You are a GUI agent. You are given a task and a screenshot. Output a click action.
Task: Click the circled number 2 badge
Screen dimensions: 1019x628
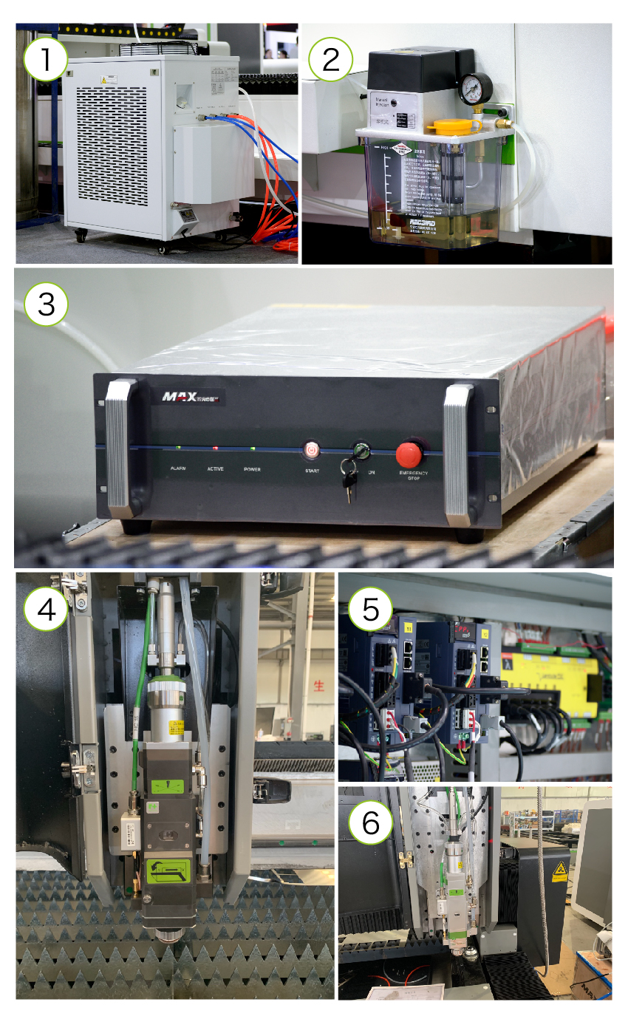330,60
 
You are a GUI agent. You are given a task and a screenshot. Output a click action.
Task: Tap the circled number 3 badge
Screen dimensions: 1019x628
47,304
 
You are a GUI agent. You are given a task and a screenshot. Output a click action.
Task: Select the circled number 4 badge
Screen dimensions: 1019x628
47,610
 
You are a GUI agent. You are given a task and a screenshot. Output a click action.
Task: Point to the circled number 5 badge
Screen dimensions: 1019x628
371,610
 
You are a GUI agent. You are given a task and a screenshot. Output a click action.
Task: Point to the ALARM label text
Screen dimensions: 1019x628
178,469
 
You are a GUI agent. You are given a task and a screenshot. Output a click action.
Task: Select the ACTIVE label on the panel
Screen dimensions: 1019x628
216,469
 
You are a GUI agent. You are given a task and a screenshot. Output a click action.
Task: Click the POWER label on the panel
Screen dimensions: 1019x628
252,469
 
